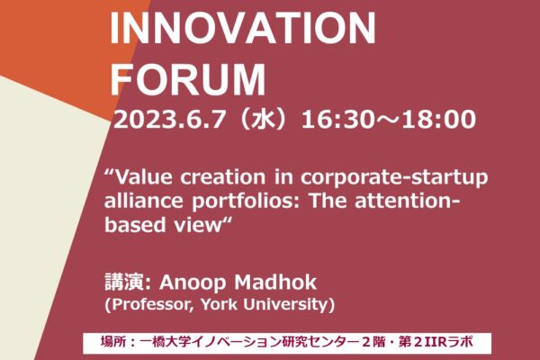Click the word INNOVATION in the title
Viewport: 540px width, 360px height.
243,28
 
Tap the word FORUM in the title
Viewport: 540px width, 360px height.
188,79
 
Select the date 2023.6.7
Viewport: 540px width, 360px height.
169,120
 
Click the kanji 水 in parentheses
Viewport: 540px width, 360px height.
263,119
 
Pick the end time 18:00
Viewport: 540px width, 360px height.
439,120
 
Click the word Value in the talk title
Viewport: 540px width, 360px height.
143,177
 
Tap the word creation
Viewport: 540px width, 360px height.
223,177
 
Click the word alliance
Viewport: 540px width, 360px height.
144,201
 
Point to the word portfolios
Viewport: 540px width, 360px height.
247,202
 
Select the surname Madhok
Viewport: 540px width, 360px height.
275,283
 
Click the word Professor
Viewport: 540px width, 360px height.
152,304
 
